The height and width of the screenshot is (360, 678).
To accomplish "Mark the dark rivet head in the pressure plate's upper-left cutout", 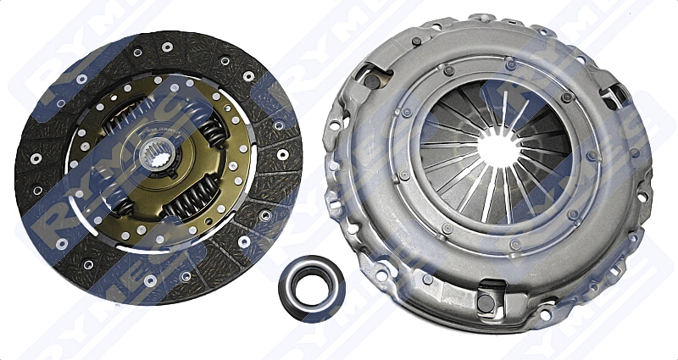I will tap(372, 81).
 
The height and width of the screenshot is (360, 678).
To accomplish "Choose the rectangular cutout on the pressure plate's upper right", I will tap(616, 95).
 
